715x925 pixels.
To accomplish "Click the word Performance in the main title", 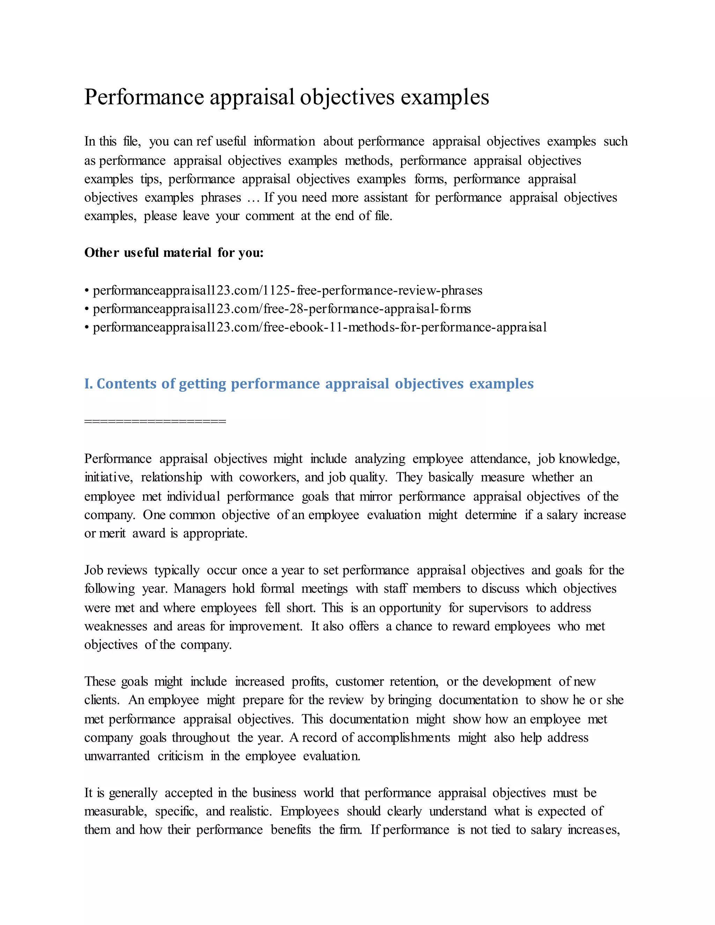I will tap(144, 97).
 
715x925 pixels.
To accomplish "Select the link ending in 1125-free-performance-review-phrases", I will tap(287, 290).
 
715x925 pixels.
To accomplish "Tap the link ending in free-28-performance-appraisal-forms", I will tap(282, 309).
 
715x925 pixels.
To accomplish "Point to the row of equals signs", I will tap(155, 421).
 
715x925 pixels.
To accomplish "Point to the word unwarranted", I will tap(117, 756).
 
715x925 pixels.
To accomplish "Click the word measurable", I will tap(115, 812).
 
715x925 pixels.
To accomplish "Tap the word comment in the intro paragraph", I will tap(270, 216).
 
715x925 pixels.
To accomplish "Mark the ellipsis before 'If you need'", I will tap(252, 198).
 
